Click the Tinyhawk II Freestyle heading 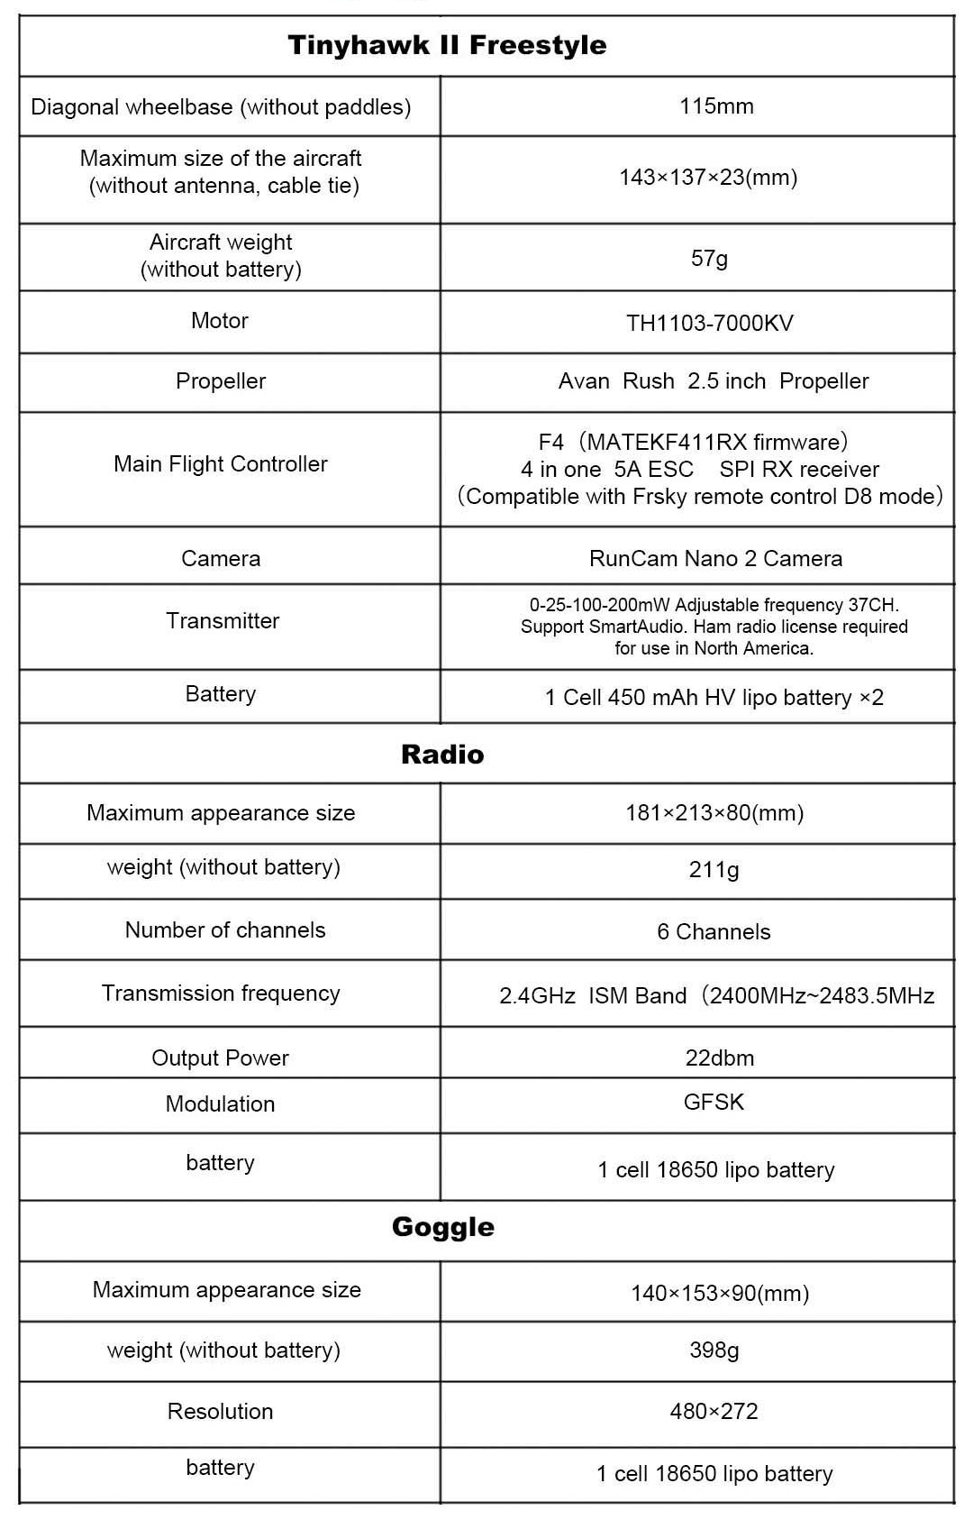[447, 45]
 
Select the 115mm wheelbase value [716, 106]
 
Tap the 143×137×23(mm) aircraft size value [708, 177]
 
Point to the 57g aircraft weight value [709, 259]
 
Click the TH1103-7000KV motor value [710, 324]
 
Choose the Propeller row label [221, 381]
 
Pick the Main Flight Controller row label [221, 464]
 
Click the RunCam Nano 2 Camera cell [715, 559]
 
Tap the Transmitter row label [223, 621]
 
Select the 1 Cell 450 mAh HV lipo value [714, 698]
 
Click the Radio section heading [442, 755]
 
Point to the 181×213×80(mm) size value [714, 813]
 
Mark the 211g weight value [714, 870]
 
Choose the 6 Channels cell [714, 932]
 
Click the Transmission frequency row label [221, 993]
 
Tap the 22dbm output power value [719, 1058]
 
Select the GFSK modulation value [714, 1103]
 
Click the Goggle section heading [442, 1227]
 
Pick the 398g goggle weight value [714, 1350]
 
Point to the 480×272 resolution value [714, 1412]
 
